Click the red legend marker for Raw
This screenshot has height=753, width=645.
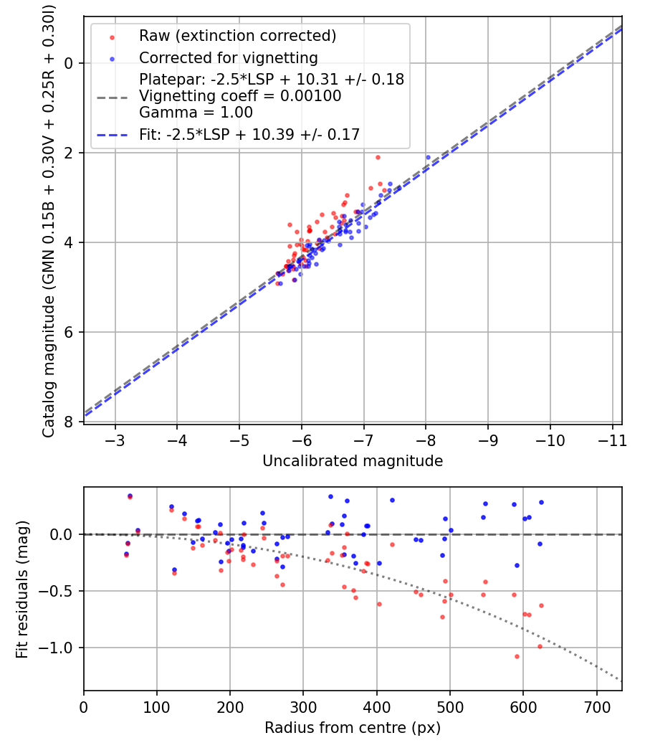[x=113, y=37]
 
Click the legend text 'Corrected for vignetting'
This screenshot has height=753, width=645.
[x=229, y=58]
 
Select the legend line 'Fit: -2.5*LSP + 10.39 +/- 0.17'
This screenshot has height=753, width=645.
[x=249, y=135]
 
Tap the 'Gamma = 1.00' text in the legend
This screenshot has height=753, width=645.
[x=196, y=113]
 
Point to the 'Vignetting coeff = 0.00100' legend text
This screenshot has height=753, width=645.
[x=240, y=96]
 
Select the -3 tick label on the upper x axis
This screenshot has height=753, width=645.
[x=115, y=440]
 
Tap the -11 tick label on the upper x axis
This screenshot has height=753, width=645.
[x=612, y=440]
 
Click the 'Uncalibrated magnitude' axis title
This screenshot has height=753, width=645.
[x=353, y=461]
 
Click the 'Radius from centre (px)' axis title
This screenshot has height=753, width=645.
[x=353, y=728]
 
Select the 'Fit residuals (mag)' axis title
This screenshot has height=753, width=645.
[x=22, y=589]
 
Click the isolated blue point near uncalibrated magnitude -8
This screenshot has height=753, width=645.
[x=428, y=158]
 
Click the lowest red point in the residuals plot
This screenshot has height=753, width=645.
[x=517, y=656]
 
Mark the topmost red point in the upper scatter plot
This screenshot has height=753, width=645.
[x=378, y=158]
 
